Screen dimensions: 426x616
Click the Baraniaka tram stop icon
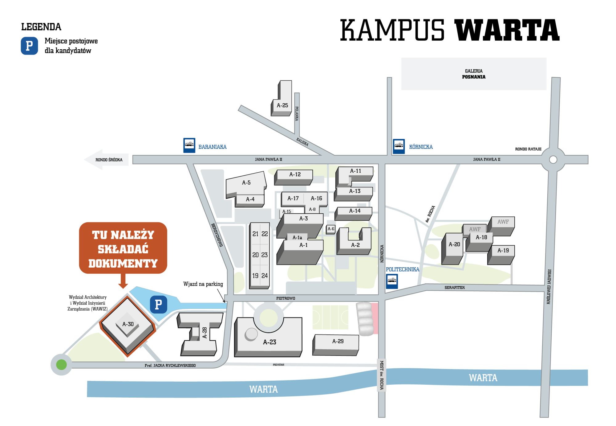[x=189, y=145]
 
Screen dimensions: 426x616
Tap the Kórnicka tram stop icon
[x=399, y=146]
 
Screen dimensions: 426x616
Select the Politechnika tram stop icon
[x=392, y=281]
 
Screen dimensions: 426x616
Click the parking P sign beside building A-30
[x=159, y=305]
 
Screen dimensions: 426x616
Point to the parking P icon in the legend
[x=29, y=46]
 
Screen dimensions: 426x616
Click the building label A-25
[x=282, y=105]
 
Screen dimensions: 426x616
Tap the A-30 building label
[x=128, y=324]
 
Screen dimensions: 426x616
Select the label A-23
[x=269, y=342]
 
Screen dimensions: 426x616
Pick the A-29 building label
[x=338, y=341]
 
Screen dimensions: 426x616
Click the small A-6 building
[x=331, y=229]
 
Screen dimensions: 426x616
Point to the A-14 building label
[x=355, y=211]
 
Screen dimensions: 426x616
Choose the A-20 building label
[x=454, y=244]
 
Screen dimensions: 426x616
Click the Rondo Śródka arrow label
[x=109, y=160]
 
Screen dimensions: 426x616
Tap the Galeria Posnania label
[x=474, y=74]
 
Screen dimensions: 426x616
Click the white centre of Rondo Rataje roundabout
[x=553, y=159]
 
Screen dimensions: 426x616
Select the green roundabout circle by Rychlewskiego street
[x=62, y=365]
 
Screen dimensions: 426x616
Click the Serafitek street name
[x=455, y=288]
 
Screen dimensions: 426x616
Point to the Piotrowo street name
[x=286, y=298]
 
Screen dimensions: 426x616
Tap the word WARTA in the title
[x=507, y=30]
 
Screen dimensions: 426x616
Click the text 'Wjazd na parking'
[x=203, y=284]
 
